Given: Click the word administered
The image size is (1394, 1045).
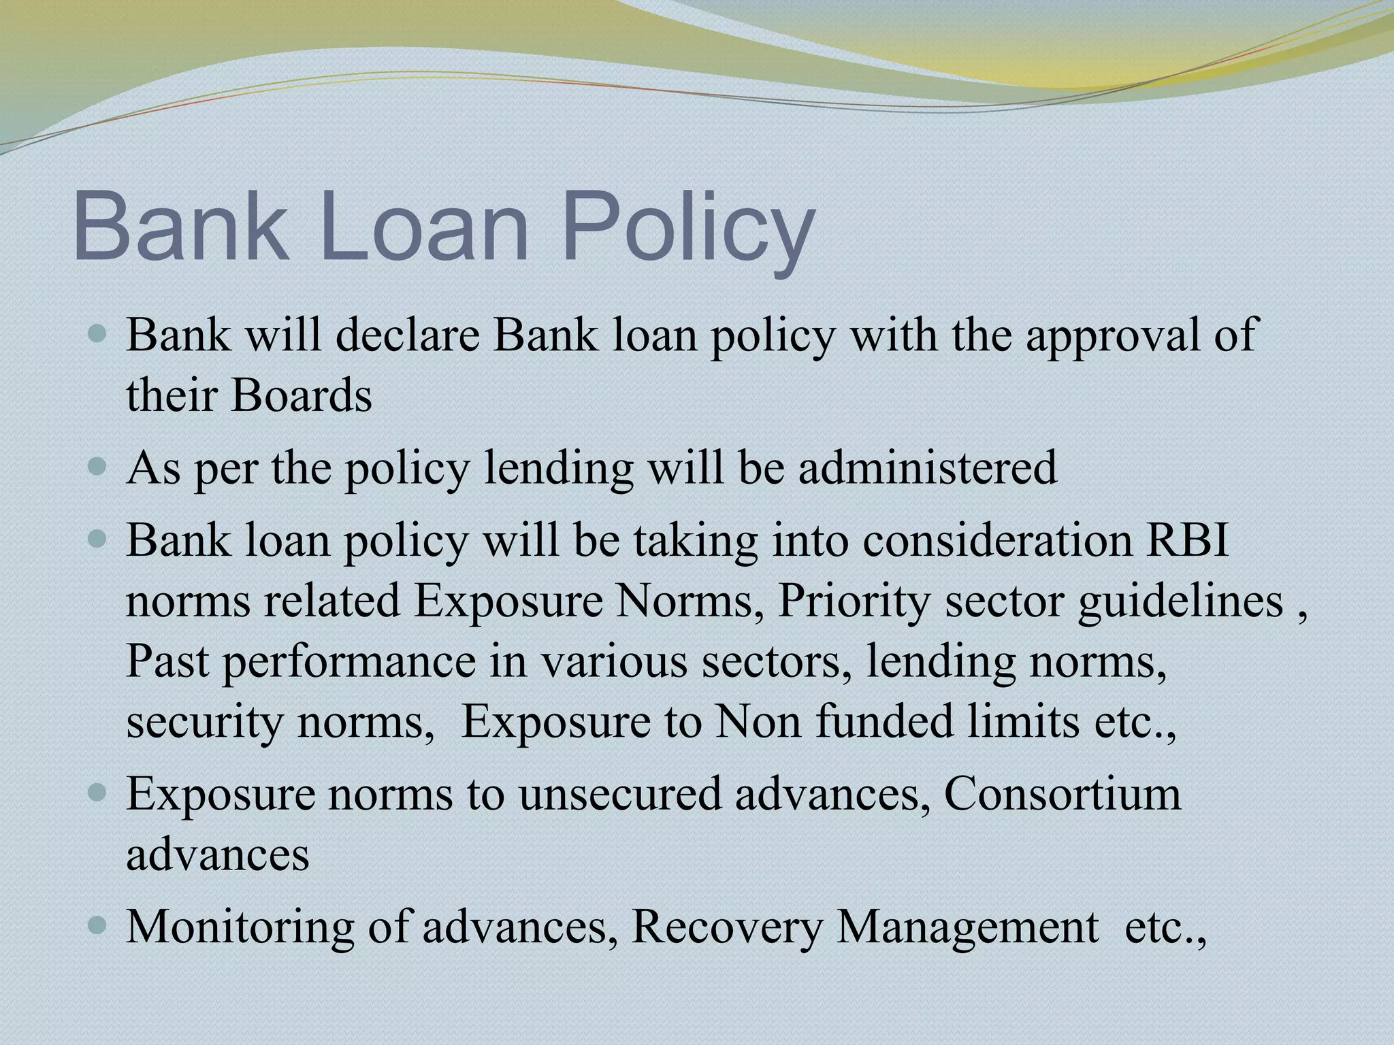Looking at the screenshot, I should coord(928,467).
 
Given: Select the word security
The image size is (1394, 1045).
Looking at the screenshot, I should coord(204,723).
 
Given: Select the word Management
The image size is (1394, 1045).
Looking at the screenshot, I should coord(967,928).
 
